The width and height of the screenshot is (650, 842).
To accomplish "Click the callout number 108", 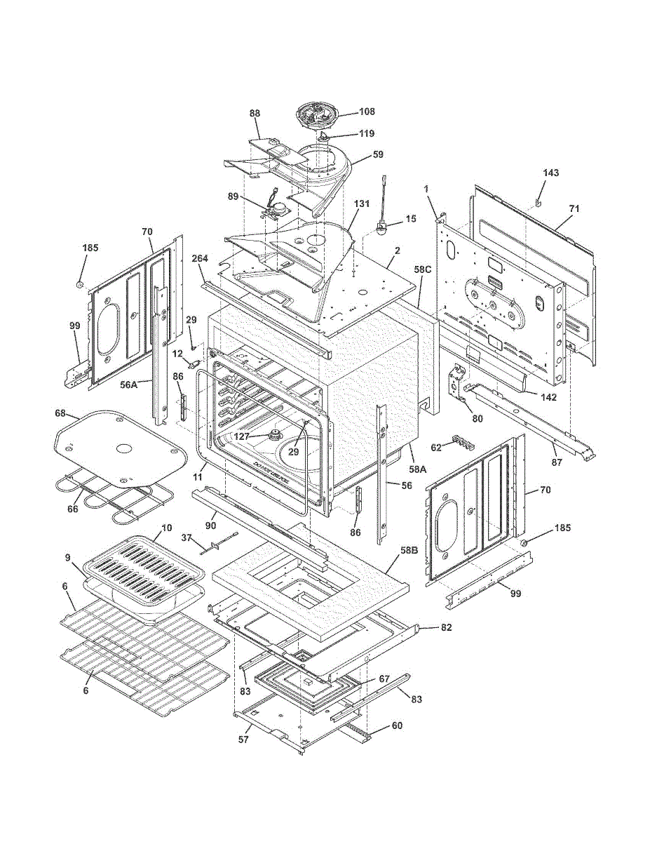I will (367, 112).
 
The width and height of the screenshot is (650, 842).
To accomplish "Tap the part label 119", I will (367, 133).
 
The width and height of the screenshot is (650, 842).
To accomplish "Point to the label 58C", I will (423, 269).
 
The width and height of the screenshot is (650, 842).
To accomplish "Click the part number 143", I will (551, 173).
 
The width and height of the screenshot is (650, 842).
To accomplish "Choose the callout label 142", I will (548, 397).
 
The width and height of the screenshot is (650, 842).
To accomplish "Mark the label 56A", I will (128, 384).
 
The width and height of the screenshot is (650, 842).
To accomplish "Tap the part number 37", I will (187, 537).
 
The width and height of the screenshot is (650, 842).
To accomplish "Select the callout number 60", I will (397, 726).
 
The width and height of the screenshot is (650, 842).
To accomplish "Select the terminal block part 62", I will (460, 444).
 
